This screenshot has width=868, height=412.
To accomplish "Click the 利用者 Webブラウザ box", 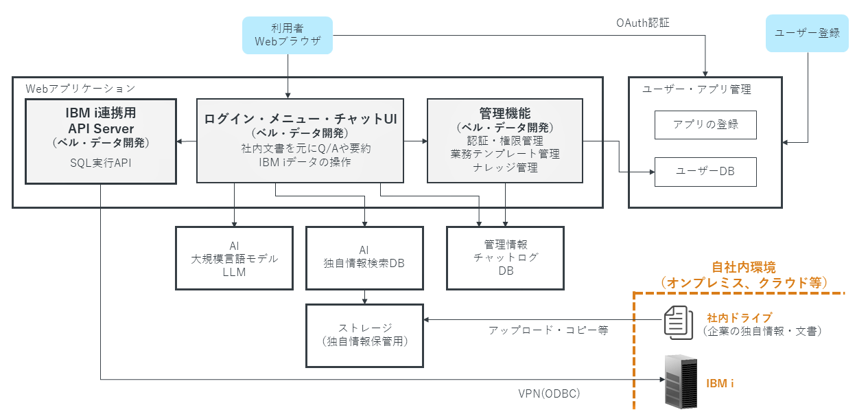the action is tap(288, 35).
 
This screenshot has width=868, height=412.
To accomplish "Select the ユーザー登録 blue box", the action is tap(807, 34).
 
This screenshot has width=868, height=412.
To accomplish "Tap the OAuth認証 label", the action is tap(643, 23).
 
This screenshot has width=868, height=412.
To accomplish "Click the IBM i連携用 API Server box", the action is tap(101, 141).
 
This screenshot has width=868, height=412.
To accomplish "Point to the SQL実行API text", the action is tap(101, 163).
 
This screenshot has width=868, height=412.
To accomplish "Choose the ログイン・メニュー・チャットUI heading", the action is tap(301, 119).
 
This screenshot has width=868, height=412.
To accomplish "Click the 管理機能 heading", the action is tap(505, 113).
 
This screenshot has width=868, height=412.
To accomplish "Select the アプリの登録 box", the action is tap(705, 125).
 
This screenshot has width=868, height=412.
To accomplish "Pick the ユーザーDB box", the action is tap(705, 172).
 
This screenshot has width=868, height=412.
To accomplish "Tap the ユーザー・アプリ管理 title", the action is tap(696, 89).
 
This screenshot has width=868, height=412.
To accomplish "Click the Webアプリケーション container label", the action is tap(80, 89).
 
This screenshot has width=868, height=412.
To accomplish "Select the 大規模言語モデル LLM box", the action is tap(235, 258).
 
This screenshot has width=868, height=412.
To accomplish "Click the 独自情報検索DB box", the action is tap(364, 258).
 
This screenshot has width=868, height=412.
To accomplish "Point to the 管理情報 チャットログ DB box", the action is tap(505, 258).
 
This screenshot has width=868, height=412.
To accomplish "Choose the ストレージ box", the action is tap(364, 336).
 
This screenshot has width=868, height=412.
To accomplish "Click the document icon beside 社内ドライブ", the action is tap(678, 323).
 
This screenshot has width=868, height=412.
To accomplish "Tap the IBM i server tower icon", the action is tap(681, 381).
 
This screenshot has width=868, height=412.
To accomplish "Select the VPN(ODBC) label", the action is tap(549, 393).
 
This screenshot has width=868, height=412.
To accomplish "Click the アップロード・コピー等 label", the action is tap(548, 330).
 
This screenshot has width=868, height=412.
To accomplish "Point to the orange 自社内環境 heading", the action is tap(744, 267).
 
